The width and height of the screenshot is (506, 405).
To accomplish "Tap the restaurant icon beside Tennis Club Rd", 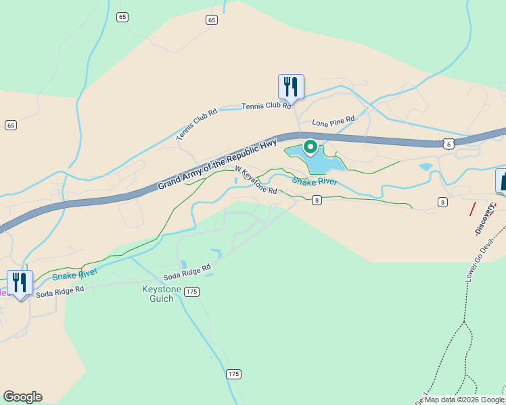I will tap(291, 87).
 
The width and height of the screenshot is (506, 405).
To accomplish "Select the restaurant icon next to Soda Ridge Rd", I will tap(20, 283).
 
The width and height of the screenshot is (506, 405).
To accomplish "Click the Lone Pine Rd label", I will tap(333, 122).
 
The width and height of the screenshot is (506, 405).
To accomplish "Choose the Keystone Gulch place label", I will tap(161, 294).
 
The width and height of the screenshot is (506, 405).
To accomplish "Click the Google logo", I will tap(22, 397).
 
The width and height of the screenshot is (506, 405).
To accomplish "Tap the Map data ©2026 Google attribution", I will tap(464, 400).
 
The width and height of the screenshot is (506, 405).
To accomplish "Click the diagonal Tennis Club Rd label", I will tap(196, 124).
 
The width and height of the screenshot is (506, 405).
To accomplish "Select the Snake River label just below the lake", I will tap(315, 181).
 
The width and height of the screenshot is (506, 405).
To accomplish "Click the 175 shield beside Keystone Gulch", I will tap(192, 291).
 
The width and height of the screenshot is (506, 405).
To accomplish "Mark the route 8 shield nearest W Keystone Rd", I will tap(317, 200).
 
